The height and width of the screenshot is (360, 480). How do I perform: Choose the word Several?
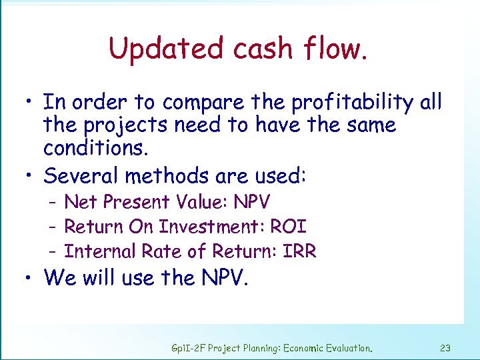[x=82, y=176]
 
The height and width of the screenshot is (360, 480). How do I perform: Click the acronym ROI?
[x=288, y=227]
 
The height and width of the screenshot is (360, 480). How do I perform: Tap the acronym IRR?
[x=299, y=251]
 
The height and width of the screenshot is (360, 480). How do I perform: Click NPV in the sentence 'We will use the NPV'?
[x=223, y=278]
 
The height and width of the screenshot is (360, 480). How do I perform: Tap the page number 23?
[x=446, y=347]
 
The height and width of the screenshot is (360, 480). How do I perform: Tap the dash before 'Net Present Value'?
[x=52, y=202]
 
